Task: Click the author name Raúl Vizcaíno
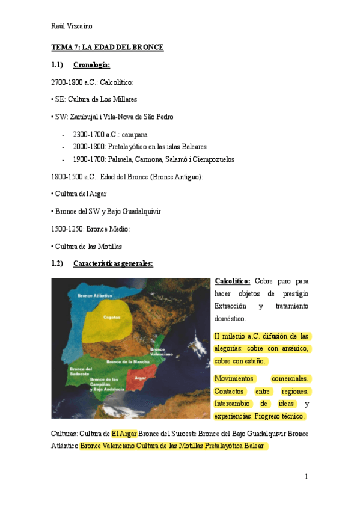[x=72, y=25]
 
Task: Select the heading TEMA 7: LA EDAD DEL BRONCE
[x=108, y=47]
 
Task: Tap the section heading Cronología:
[x=91, y=64]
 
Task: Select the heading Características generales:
[x=113, y=263]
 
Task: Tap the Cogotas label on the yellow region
[x=112, y=317]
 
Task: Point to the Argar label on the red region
[x=141, y=378]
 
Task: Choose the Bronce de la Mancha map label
[x=127, y=361]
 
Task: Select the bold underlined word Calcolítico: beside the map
[x=232, y=281]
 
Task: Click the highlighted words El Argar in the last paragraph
[x=124, y=433]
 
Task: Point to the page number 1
[x=306, y=477]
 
